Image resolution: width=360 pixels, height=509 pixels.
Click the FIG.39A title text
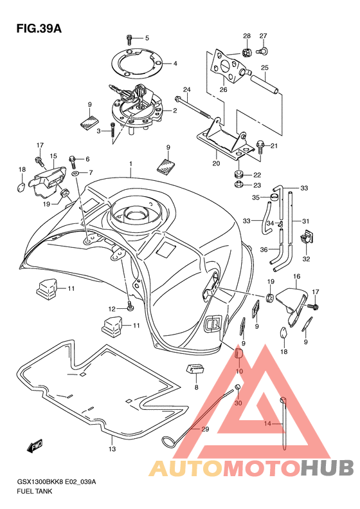pyautogui.click(x=39, y=28)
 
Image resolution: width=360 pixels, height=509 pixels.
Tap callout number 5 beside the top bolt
pyautogui.click(x=147, y=39)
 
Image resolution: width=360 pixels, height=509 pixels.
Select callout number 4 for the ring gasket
pyautogui.click(x=175, y=64)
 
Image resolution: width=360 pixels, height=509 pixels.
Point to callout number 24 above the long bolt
pyautogui.click(x=186, y=89)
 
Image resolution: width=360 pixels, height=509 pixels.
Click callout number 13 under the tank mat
pyautogui.click(x=112, y=449)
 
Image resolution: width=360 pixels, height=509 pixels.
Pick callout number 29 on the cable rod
pyautogui.click(x=205, y=429)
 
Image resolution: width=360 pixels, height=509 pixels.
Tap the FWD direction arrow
pyautogui.click(x=35, y=447)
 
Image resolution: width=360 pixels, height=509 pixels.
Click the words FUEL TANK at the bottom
pyautogui.click(x=34, y=492)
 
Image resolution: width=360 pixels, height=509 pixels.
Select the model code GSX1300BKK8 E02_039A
pyautogui.click(x=57, y=482)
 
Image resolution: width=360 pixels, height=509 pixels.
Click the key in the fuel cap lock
pyautogui.click(x=119, y=91)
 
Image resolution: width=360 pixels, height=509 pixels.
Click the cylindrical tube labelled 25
pyautogui.click(x=265, y=84)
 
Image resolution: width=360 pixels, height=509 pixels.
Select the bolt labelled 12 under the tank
pyautogui.click(x=130, y=306)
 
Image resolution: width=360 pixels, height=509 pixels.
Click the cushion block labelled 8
pyautogui.click(x=195, y=369)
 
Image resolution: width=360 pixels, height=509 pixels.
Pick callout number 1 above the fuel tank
pyautogui.click(x=130, y=164)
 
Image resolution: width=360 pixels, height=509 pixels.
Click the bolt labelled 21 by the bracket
pyautogui.click(x=260, y=147)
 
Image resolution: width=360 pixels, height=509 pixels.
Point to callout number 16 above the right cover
pyautogui.click(x=296, y=277)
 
